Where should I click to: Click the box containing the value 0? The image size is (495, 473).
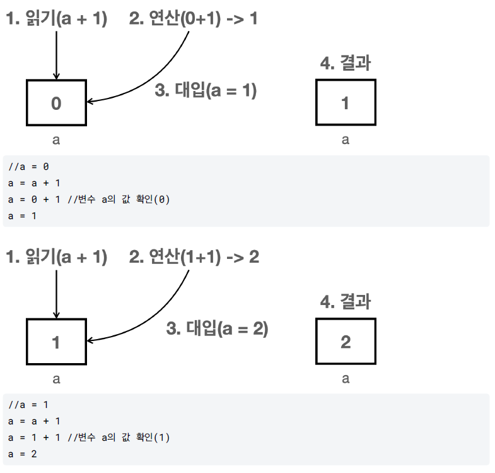pyautogui.click(x=56, y=103)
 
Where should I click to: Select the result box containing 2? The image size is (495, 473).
pyautogui.click(x=345, y=342)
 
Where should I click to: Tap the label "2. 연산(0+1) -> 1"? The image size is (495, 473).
pyautogui.click(x=193, y=19)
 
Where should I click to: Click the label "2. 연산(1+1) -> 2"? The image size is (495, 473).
pyautogui.click(x=194, y=257)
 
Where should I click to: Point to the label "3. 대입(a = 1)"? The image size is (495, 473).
pyautogui.click(x=206, y=91)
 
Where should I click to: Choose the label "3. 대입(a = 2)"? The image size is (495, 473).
pyautogui.click(x=217, y=328)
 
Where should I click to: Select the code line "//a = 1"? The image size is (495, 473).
pyautogui.click(x=28, y=405)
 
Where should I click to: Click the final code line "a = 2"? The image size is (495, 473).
pyautogui.click(x=22, y=454)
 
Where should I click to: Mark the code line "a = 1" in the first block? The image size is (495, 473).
pyautogui.click(x=22, y=217)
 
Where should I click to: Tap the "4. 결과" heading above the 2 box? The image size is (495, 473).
pyautogui.click(x=345, y=301)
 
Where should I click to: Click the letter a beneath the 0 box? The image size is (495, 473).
pyautogui.click(x=56, y=140)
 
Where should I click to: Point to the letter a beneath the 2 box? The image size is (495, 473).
pyautogui.click(x=345, y=379)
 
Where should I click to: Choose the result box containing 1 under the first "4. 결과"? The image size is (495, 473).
pyautogui.click(x=345, y=103)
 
